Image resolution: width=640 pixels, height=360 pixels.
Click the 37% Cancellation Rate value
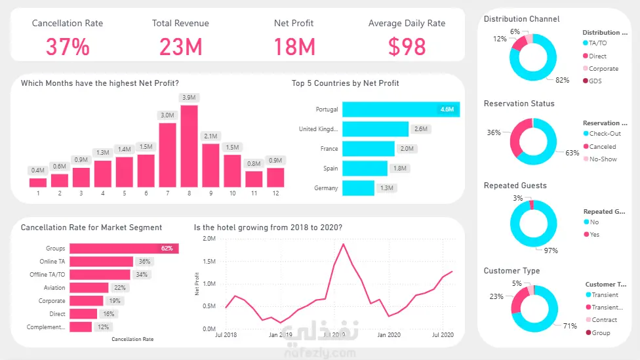click(67, 47)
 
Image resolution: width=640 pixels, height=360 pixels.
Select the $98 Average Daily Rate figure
click(407, 47)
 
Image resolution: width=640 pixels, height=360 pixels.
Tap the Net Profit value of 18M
click(293, 47)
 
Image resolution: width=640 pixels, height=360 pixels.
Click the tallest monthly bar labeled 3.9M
click(189, 146)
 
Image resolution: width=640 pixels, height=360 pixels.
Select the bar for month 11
click(254, 179)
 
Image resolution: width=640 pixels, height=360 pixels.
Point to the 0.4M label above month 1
click(37, 170)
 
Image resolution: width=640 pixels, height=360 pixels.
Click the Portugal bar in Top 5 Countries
click(400, 110)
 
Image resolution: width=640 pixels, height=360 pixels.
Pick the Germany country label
click(326, 188)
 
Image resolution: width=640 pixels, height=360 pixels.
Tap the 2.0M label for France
click(407, 149)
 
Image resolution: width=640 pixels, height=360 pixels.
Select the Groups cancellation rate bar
click(124, 249)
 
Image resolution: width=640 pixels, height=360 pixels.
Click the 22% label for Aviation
click(119, 288)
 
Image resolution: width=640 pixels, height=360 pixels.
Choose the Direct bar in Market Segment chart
click(83, 314)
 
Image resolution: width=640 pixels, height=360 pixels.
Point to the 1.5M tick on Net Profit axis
click(209, 262)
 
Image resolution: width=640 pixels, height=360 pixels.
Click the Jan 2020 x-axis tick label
click(389, 335)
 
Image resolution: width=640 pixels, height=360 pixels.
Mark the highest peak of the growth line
click(343, 244)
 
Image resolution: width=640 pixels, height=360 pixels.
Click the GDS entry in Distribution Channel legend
click(595, 81)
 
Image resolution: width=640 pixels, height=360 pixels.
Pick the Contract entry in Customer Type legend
click(604, 320)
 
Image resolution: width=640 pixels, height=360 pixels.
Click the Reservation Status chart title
click(519, 104)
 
